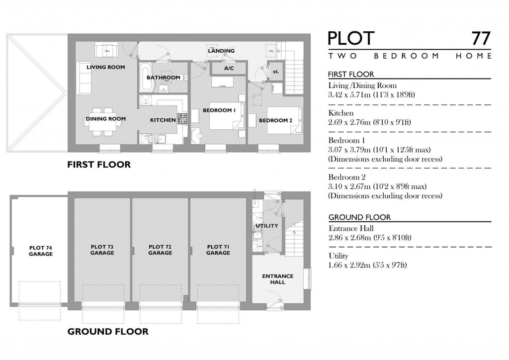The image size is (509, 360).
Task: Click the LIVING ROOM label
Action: pyautogui.click(x=105, y=67)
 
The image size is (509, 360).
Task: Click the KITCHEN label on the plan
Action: pyautogui.click(x=163, y=120)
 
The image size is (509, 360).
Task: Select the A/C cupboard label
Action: pyautogui.click(x=229, y=68)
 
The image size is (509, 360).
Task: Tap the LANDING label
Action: pyautogui.click(x=221, y=51)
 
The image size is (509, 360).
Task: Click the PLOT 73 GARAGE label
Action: pyautogui.click(x=102, y=250)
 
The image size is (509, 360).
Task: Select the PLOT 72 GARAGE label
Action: pyautogui.click(x=160, y=250)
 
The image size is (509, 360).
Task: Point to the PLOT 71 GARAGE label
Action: pyautogui.click(x=218, y=250)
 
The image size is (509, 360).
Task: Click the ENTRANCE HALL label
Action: pyautogui.click(x=277, y=279)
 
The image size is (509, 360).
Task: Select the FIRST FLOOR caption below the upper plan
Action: pyautogui.click(x=98, y=165)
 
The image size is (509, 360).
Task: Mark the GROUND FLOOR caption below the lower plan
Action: pyautogui.click(x=107, y=331)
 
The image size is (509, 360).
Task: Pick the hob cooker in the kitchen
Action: pyautogui.click(x=183, y=119)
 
